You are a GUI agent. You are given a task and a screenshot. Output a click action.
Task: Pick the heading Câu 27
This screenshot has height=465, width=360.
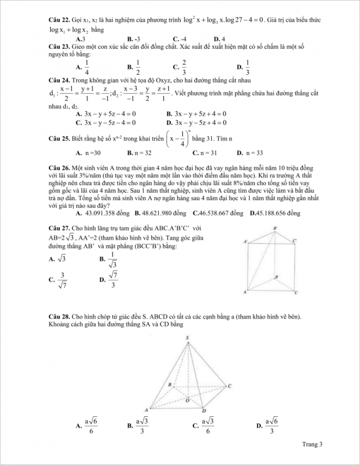pyautogui.click(x=59, y=228)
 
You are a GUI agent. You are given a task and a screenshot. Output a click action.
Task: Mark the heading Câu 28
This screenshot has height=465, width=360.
pyautogui.click(x=59, y=316)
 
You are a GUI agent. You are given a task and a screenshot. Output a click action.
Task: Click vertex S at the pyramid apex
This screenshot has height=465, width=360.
pyautogui.click(x=188, y=338)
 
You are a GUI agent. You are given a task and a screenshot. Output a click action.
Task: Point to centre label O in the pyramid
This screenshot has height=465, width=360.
pyautogui.click(x=187, y=399)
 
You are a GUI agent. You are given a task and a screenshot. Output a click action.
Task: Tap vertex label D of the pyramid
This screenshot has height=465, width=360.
pyautogui.click(x=204, y=411)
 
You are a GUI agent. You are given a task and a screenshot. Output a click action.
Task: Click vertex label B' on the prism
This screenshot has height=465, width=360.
pyautogui.click(x=275, y=228)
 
